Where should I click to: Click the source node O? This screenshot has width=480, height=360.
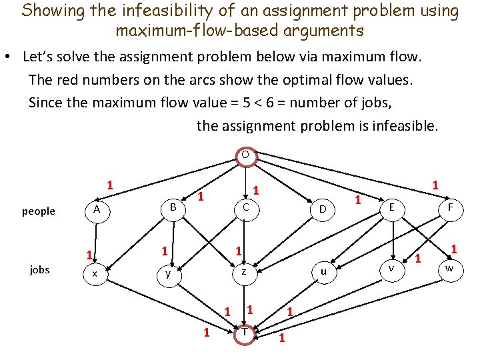tap(245, 155)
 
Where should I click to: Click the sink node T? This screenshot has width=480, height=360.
tap(245, 332)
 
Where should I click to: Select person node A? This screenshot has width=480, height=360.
tap(97, 210)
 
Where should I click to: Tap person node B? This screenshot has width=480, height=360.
tap(172, 207)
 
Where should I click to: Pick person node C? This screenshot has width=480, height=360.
tap(245, 208)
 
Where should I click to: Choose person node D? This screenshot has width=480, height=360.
tap(323, 210)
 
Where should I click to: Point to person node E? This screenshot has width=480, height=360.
tap(391, 207)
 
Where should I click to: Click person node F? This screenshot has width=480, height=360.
tap(451, 208)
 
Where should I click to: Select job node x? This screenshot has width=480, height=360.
tap(95, 273)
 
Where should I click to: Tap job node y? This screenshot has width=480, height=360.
tap(168, 273)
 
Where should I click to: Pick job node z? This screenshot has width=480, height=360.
tap(244, 271)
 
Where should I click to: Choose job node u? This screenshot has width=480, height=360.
tap(323, 271)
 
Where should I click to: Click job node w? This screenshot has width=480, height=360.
tap(449, 268)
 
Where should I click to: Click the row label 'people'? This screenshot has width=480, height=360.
tap(39, 211)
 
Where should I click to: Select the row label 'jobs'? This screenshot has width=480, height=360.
tap(39, 269)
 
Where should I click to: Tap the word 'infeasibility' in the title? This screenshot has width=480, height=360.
tap(145, 11)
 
